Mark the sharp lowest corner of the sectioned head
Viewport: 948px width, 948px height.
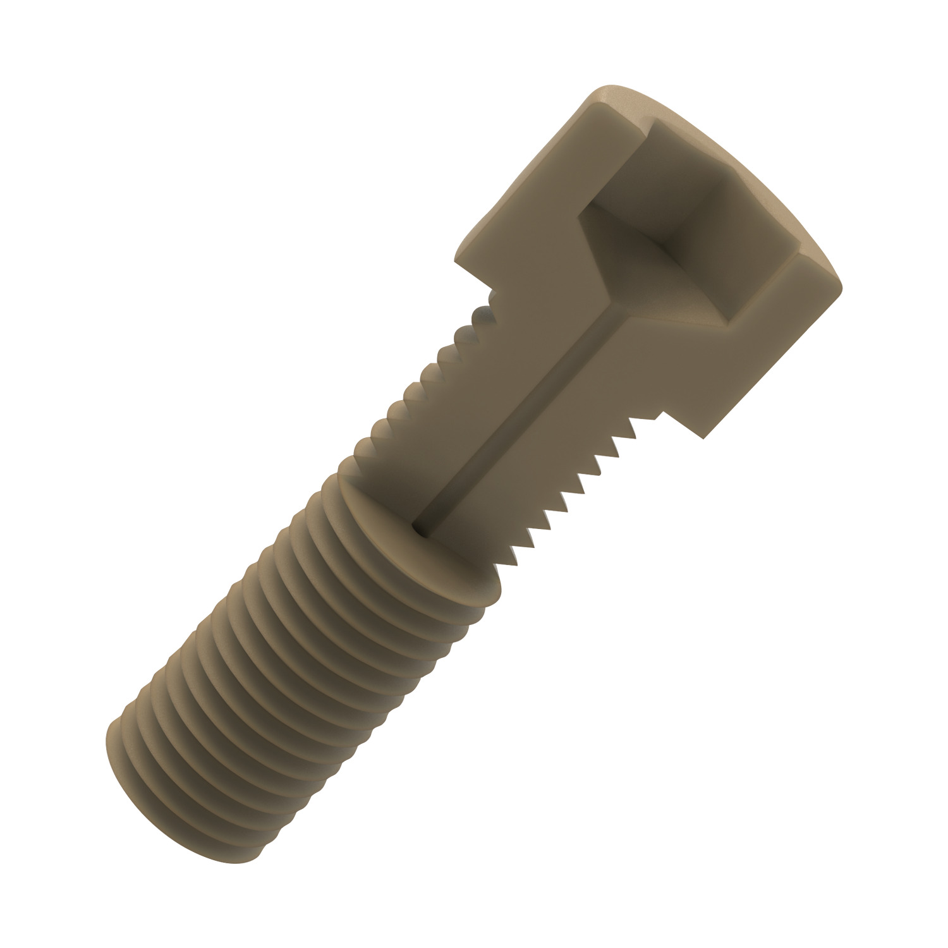(702, 436)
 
